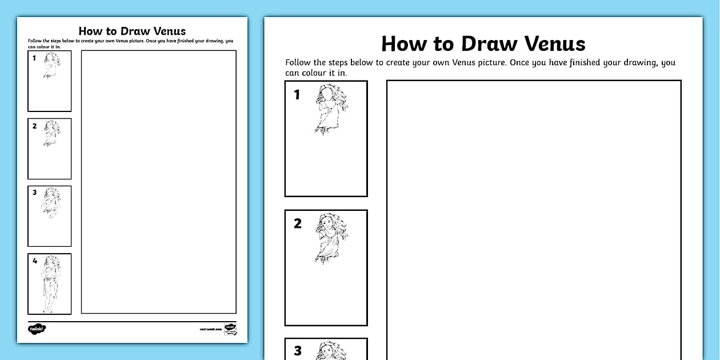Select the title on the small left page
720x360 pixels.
coord(132,31)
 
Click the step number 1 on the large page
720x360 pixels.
coord(297,95)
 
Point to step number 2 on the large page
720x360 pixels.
coord(297,223)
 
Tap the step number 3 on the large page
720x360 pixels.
coord(297,351)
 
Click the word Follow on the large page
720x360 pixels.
coord(298,62)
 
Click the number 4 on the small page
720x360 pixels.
coord(35,261)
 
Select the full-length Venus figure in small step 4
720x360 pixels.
coord(50,284)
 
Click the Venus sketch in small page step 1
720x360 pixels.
coord(51,65)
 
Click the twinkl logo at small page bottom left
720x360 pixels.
coord(37,329)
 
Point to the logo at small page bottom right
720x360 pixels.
coord(230,329)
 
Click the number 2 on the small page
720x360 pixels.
coord(35,126)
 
